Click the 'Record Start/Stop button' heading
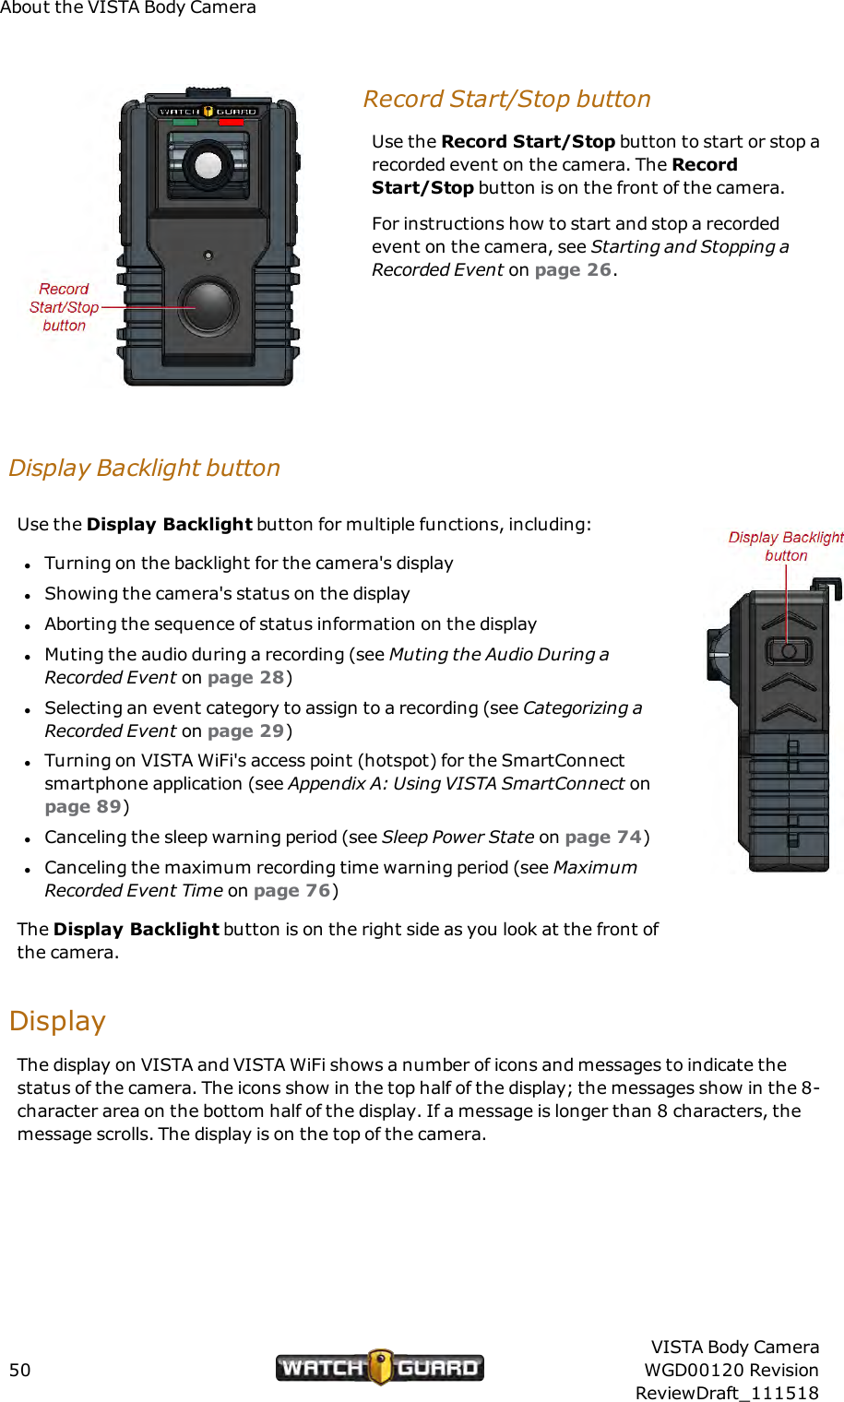(506, 99)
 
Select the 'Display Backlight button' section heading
(144, 468)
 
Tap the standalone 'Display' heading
(57, 1021)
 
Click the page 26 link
(573, 269)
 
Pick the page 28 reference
(245, 677)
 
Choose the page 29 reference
(245, 731)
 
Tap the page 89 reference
(83, 806)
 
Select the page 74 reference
(603, 837)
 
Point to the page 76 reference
(291, 890)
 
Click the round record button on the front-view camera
(209, 306)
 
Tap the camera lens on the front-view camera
(208, 165)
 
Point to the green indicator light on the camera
(185, 122)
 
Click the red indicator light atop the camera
(231, 122)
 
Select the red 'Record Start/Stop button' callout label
(64, 307)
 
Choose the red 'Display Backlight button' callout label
(786, 546)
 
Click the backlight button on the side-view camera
(788, 651)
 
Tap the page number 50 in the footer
(20, 1370)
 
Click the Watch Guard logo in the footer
(379, 1367)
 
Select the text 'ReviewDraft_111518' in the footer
(727, 1393)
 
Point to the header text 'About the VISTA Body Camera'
(128, 7)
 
